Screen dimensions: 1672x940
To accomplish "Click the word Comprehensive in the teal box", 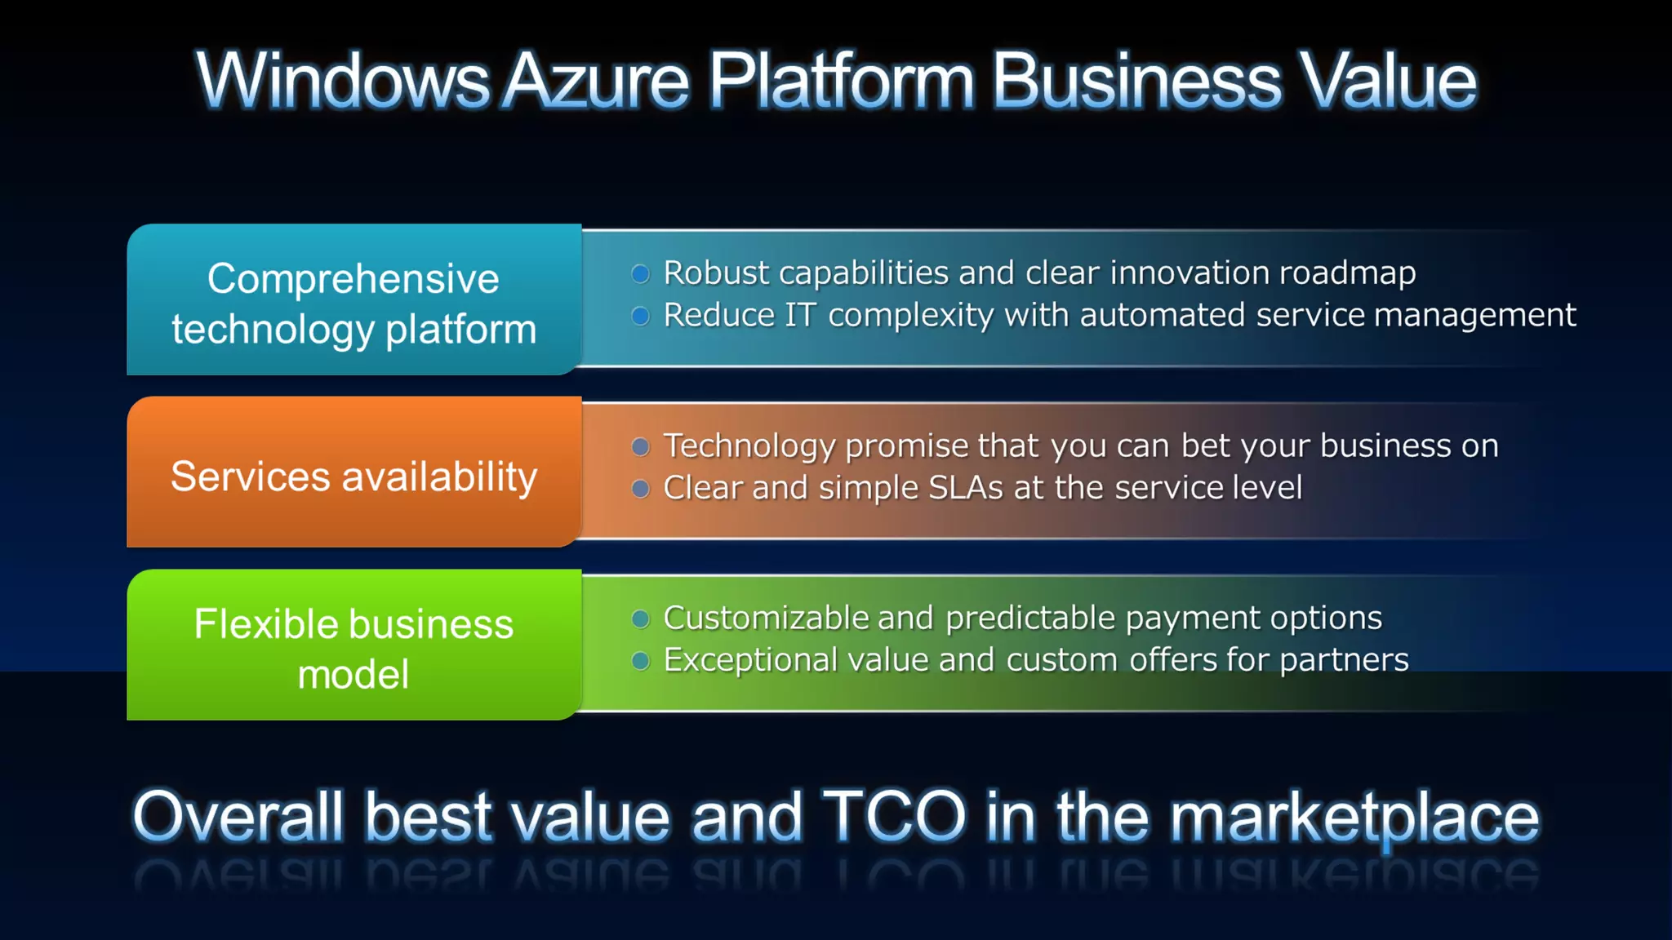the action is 353,279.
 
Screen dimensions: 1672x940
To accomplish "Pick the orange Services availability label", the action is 354,477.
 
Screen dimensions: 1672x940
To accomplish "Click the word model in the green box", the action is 353,675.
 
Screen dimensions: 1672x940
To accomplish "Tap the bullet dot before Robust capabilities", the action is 641,273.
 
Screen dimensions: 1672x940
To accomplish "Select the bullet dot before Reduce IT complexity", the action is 641,316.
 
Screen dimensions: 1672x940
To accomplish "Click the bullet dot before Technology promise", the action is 641,446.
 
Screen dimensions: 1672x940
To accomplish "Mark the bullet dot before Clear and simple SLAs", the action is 641,489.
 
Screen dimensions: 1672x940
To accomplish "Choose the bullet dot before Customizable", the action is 641,619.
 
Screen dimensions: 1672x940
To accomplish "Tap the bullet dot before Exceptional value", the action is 641,661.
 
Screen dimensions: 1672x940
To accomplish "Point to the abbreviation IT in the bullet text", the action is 800,316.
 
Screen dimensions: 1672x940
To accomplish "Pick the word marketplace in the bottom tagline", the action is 1355,818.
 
